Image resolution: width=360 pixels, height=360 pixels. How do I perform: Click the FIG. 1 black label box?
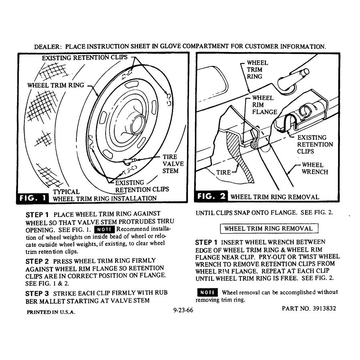point(33,198)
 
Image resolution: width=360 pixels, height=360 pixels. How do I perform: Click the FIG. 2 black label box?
point(211,196)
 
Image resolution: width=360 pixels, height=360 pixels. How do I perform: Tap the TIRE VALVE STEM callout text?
point(173,164)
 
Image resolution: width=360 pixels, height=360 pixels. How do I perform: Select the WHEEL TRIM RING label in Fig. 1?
point(56,85)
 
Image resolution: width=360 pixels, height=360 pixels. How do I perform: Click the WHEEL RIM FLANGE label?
point(264,105)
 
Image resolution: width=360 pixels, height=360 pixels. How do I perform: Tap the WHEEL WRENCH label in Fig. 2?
point(315,168)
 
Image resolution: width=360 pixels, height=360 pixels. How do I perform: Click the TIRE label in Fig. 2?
point(223,172)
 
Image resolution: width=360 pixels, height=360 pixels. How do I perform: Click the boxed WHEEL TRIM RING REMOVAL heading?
point(269,228)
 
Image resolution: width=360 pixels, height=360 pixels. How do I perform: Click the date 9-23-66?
point(183,310)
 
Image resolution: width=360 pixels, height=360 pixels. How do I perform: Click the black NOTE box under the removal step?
point(208,292)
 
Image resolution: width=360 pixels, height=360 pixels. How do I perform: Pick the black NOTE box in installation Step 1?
point(104,229)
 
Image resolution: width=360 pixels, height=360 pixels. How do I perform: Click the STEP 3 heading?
point(37,294)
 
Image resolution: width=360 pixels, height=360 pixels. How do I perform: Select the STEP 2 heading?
point(37,262)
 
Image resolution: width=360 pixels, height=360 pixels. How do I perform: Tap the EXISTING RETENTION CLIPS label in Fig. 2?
point(315,144)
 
